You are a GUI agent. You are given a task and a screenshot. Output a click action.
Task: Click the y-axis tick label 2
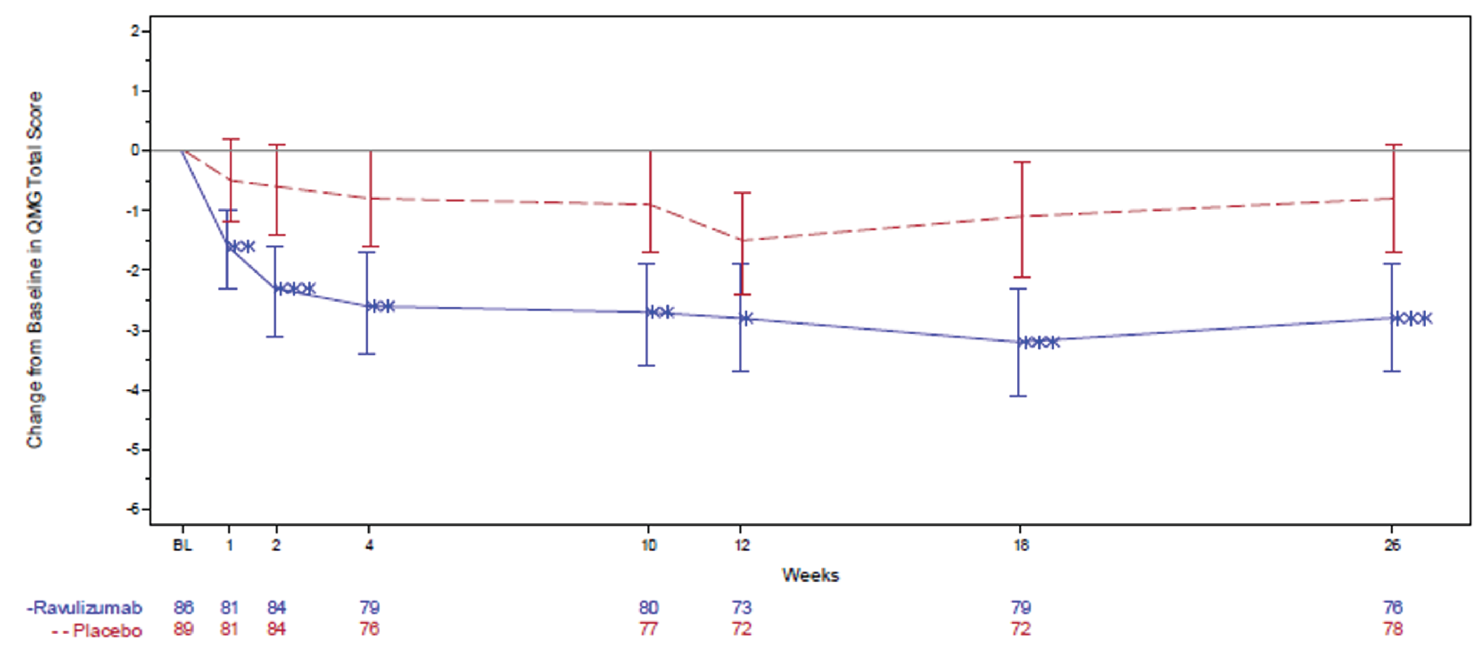[x=135, y=31]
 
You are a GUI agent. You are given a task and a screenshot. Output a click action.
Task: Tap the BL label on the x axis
[x=183, y=545]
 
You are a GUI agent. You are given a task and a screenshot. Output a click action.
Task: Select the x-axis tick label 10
[x=649, y=545]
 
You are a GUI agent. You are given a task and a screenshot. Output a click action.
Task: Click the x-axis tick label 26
[x=1392, y=545]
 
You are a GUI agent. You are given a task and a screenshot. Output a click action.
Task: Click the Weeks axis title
[x=810, y=575]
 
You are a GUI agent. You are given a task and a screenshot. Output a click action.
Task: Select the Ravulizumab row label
[x=85, y=608]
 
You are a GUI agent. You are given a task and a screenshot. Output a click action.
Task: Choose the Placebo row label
[x=98, y=631]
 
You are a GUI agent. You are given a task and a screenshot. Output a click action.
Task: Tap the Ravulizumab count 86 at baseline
[x=183, y=608]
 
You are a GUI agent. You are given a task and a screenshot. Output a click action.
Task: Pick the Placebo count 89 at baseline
[x=183, y=629]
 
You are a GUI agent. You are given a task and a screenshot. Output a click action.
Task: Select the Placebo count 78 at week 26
[x=1392, y=629]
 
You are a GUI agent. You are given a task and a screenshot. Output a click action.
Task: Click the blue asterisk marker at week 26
[x=1412, y=318]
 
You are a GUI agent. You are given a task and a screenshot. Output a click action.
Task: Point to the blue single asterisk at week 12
[x=746, y=318]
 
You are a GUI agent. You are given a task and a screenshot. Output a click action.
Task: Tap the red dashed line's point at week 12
[x=742, y=240]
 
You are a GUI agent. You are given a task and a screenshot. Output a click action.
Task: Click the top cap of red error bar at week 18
[x=1021, y=163]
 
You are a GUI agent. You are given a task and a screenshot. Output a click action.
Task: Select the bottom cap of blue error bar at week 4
[x=367, y=353]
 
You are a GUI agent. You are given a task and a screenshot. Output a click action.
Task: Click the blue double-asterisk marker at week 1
[x=241, y=246]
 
